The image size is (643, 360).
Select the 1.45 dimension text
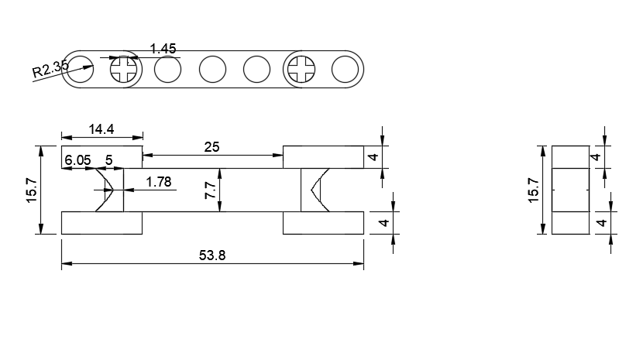pyautogui.click(x=164, y=49)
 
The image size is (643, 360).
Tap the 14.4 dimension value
pyautogui.click(x=102, y=129)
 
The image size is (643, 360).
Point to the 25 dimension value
pyautogui.click(x=212, y=146)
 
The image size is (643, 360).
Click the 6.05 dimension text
pyautogui.click(x=77, y=159)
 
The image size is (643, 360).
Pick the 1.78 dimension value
pyautogui.click(x=158, y=182)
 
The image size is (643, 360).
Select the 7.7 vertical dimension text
pyautogui.click(x=210, y=190)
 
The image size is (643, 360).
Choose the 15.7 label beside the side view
pyautogui.click(x=533, y=190)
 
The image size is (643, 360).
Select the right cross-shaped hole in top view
pyautogui.click(x=300, y=70)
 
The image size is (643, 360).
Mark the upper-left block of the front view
pyautogui.click(x=102, y=156)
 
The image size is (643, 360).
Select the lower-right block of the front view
pyautogui.click(x=324, y=223)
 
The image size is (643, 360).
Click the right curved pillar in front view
pyautogui.click(x=314, y=190)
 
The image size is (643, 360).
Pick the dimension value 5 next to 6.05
pyautogui.click(x=109, y=159)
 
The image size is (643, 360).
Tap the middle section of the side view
pyautogui.click(x=570, y=190)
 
